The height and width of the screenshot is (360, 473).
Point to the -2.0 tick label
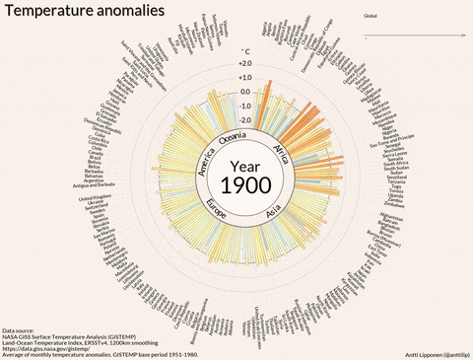coord(244,119)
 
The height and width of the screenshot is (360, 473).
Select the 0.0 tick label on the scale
coord(245,92)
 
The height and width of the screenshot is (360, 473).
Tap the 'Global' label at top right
coord(371,17)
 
